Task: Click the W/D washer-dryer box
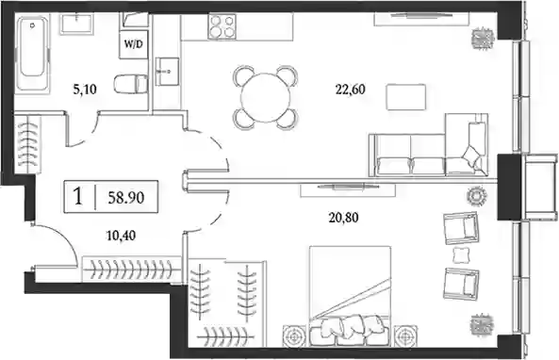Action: coord(133,44)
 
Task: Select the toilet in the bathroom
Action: coord(131,84)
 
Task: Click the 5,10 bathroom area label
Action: coord(85,90)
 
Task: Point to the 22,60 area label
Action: coord(350,90)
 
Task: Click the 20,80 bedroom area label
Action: coord(343,217)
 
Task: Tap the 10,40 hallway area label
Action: coord(121,236)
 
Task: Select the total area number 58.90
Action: coord(126,197)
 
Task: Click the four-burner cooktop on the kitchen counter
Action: coord(222,26)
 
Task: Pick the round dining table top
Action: coord(266,98)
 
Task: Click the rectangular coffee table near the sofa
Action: coord(406,97)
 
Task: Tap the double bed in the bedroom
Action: coord(350,296)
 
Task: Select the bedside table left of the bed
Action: coord(294,335)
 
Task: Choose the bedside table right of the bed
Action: coord(404,335)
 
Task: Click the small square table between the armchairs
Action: coord(460,255)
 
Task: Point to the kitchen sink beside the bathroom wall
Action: coord(167,72)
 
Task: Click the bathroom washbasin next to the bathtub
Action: coord(76,25)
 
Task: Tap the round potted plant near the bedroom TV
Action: coord(477,196)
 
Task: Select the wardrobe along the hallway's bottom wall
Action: coord(132,270)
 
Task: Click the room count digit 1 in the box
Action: coord(78,197)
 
